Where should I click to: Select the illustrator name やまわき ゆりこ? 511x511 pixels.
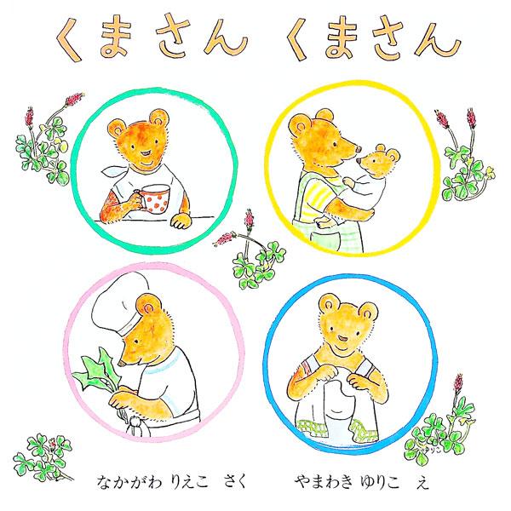(x=347, y=483)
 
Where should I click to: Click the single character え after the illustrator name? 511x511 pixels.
(x=422, y=483)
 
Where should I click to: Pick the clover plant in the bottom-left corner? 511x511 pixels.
(x=44, y=457)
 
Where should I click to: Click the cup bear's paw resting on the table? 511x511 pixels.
(x=181, y=221)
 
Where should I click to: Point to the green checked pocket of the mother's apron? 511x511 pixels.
(x=324, y=242)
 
